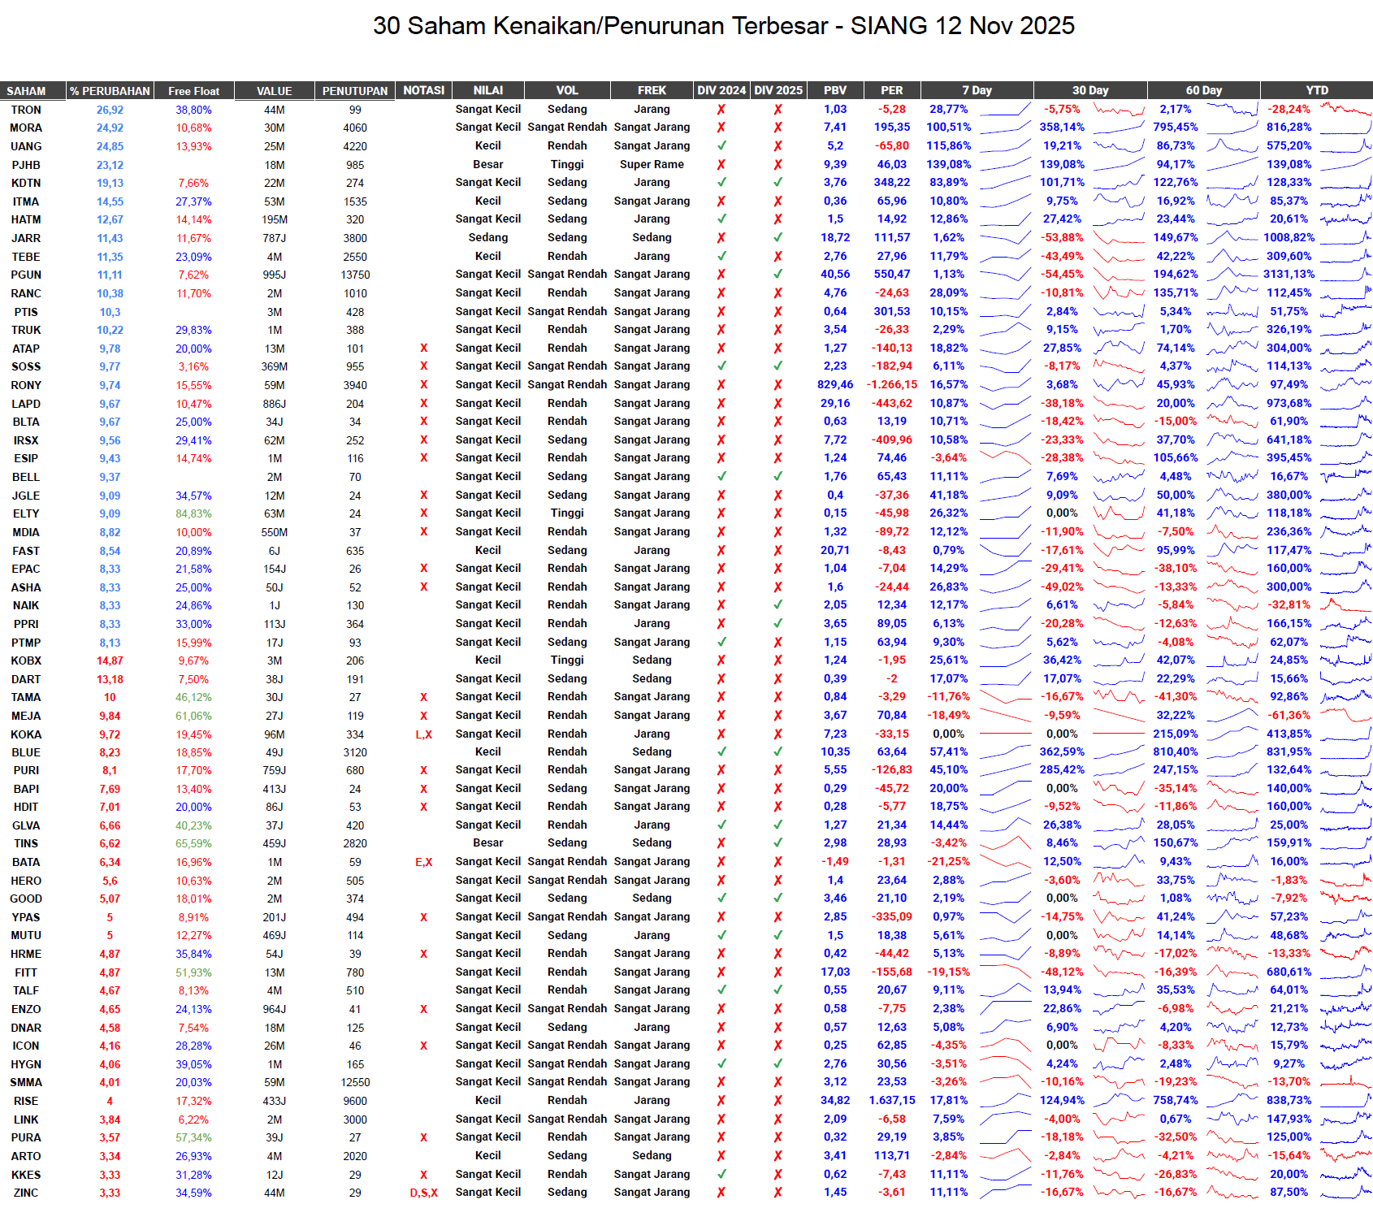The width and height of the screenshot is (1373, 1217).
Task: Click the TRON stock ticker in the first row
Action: (x=26, y=110)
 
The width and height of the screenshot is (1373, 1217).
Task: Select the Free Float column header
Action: (x=193, y=91)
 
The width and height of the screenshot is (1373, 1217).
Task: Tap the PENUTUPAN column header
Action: (x=355, y=91)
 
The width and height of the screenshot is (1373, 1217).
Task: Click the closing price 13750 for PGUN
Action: (x=355, y=275)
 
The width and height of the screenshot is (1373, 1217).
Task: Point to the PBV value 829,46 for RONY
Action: (x=835, y=384)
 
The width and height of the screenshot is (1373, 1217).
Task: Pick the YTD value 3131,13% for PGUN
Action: (x=1289, y=274)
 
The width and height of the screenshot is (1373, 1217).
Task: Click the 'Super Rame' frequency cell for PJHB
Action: (x=652, y=164)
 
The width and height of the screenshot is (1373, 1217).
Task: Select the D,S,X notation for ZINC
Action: (x=423, y=1193)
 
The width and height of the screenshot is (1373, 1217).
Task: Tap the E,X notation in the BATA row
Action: (x=423, y=862)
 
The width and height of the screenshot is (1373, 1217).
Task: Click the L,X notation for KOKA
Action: (x=423, y=734)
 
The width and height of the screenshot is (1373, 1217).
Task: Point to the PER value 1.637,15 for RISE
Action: (x=891, y=1100)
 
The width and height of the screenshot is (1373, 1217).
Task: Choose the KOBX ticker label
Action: (x=26, y=660)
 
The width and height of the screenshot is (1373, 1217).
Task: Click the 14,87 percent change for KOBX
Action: (x=110, y=660)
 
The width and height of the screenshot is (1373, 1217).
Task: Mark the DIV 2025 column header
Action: (x=777, y=90)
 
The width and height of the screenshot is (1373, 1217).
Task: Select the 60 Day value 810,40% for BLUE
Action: (x=1176, y=751)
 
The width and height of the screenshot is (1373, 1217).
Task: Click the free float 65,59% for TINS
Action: (x=193, y=843)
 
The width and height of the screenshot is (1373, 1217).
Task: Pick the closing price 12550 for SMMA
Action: (x=355, y=1082)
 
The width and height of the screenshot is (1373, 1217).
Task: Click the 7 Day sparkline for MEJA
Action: (x=1005, y=716)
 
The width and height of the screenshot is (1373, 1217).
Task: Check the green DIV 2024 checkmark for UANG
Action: (x=721, y=146)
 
